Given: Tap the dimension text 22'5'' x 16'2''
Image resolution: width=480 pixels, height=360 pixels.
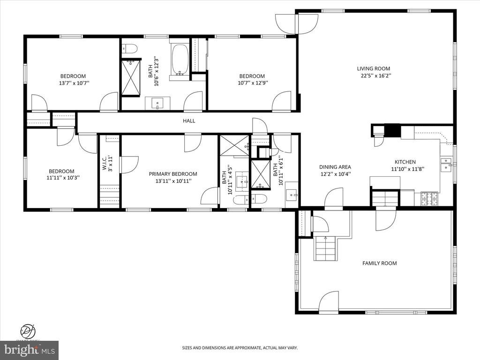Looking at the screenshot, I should point(375,75).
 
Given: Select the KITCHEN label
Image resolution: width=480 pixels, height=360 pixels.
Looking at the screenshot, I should point(403,162).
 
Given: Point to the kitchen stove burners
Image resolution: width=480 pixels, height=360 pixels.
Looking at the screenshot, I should point(430,198).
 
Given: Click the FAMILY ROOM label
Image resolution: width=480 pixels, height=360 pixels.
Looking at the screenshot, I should point(379,263).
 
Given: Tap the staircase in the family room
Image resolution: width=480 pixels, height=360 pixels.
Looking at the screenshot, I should point(325,248).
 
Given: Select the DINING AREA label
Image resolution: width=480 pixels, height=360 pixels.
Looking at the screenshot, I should point(335,167).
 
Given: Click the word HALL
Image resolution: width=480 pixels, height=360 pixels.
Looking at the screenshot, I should point(189,121).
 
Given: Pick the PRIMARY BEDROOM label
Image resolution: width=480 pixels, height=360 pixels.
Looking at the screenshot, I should point(173,174).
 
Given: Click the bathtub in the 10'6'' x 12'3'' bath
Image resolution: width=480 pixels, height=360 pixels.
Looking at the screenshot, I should point(180,60).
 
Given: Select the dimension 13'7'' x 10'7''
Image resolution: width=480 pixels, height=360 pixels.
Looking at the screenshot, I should point(73,83).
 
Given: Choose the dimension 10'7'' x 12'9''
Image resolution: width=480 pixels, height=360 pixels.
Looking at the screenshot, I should point(252,83).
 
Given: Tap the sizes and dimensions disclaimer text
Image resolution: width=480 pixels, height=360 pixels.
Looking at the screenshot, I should point(240,348).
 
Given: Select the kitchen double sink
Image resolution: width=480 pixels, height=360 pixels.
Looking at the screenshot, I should point(446,162).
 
